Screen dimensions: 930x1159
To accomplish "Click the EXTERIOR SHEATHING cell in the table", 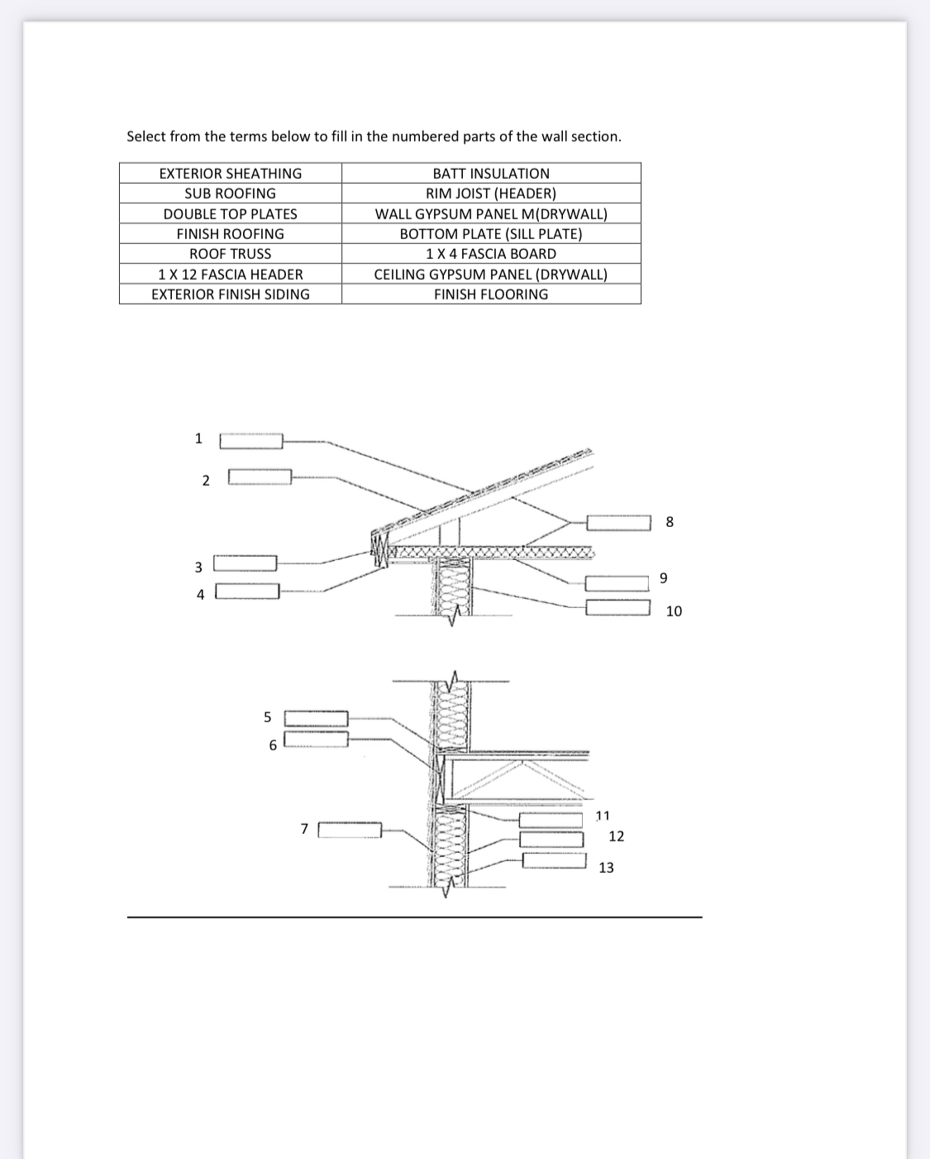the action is pyautogui.click(x=231, y=174).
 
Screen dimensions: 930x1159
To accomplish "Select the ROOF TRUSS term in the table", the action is pyautogui.click(x=231, y=254).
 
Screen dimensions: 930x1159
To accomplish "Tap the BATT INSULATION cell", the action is pyautogui.click(x=491, y=174).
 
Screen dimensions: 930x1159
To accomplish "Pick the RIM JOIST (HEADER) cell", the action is pyautogui.click(x=491, y=194).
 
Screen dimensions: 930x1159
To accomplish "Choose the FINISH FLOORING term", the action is pyautogui.click(x=491, y=294).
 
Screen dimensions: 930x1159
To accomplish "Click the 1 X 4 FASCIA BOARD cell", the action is pyautogui.click(x=491, y=254).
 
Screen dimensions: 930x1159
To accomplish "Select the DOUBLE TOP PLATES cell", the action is pyautogui.click(x=231, y=213).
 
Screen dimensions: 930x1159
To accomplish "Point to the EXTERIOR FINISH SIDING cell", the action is pyautogui.click(x=231, y=294).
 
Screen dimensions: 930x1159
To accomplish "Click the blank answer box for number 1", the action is pyautogui.click(x=251, y=441).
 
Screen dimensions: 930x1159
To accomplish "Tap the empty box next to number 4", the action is pyautogui.click(x=247, y=591).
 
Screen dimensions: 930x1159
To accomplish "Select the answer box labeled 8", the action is pyautogui.click(x=619, y=522).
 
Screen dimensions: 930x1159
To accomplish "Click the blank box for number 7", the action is pyautogui.click(x=350, y=830).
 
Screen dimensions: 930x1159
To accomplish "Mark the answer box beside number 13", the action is pyautogui.click(x=555, y=860).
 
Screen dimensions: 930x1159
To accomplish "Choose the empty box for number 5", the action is pyautogui.click(x=317, y=718).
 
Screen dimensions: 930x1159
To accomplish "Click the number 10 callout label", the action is pyautogui.click(x=674, y=611).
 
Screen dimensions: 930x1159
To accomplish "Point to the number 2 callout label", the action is pyautogui.click(x=206, y=481).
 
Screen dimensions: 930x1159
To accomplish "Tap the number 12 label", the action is pyautogui.click(x=616, y=836).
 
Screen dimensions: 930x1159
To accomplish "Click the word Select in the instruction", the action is pyautogui.click(x=146, y=136).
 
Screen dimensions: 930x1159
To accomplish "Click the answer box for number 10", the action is pyautogui.click(x=618, y=607).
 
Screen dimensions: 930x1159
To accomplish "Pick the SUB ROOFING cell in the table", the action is pyautogui.click(x=231, y=194).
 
